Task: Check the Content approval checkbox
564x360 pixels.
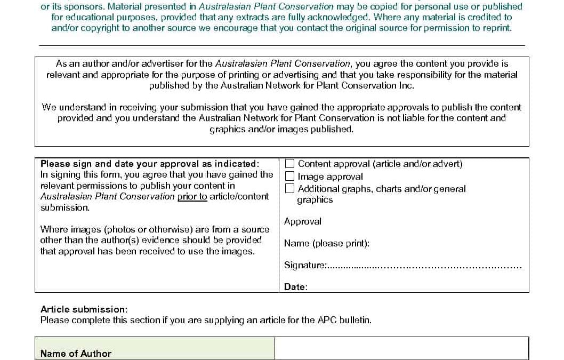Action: coord(290,164)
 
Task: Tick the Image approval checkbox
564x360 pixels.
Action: coord(290,176)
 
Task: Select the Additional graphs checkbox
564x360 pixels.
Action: coord(290,188)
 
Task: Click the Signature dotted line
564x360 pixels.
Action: coord(424,266)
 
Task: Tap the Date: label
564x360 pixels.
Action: coord(295,287)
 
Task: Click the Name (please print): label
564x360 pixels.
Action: coord(326,243)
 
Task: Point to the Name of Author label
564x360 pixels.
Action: coord(76,353)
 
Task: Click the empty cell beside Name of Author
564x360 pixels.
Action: coord(401,349)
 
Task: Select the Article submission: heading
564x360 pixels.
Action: coord(84,309)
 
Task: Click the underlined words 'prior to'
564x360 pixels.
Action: coord(192,196)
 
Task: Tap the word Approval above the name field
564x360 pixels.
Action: coord(302,221)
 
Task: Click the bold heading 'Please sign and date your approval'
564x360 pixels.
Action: coord(149,164)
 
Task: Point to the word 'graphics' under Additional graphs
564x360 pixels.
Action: coord(315,200)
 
